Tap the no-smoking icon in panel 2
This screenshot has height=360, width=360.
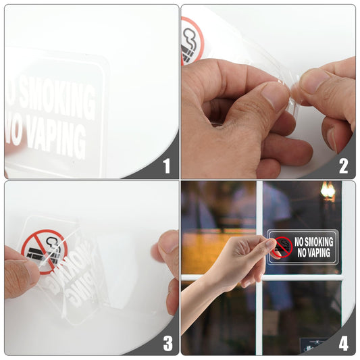tap(191, 41)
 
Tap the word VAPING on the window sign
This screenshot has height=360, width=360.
tap(315, 253)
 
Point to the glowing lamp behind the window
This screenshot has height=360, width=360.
tap(328, 190)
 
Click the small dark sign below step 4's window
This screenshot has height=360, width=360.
tap(313, 344)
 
